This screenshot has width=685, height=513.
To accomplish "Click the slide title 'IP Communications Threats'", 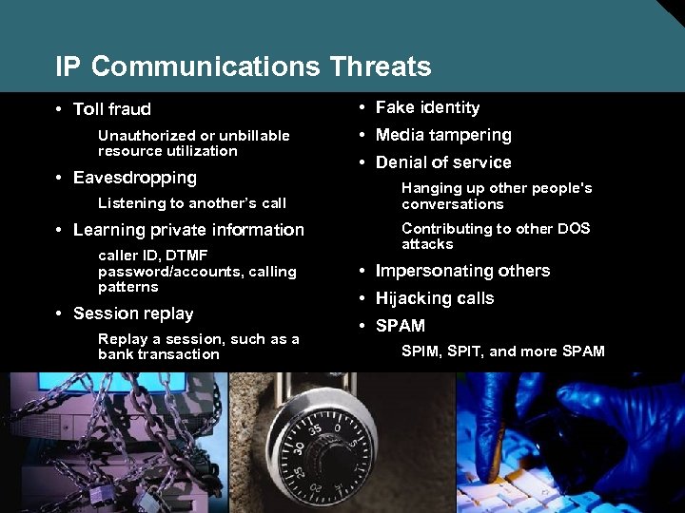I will click(x=244, y=67).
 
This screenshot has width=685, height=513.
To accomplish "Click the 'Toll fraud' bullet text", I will click(x=111, y=109).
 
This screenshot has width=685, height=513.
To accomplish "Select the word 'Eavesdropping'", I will click(x=134, y=178).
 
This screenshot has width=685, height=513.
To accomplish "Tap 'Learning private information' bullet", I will click(x=188, y=230).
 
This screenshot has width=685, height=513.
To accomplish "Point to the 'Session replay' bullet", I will click(x=132, y=313).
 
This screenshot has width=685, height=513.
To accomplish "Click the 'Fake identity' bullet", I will click(x=427, y=108).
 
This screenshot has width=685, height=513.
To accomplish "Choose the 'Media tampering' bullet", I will click(x=443, y=135).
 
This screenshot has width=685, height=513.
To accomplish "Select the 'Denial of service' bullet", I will click(x=443, y=162).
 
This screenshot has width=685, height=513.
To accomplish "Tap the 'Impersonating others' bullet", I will click(x=462, y=271).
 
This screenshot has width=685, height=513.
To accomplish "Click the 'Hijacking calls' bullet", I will click(x=435, y=298).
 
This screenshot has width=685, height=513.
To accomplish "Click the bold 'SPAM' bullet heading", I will click(x=401, y=326).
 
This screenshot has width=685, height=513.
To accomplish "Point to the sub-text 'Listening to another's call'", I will click(x=192, y=203).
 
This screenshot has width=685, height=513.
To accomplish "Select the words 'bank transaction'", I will click(x=159, y=354).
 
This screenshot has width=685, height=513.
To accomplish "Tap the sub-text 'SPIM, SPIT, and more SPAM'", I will click(x=503, y=351).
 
